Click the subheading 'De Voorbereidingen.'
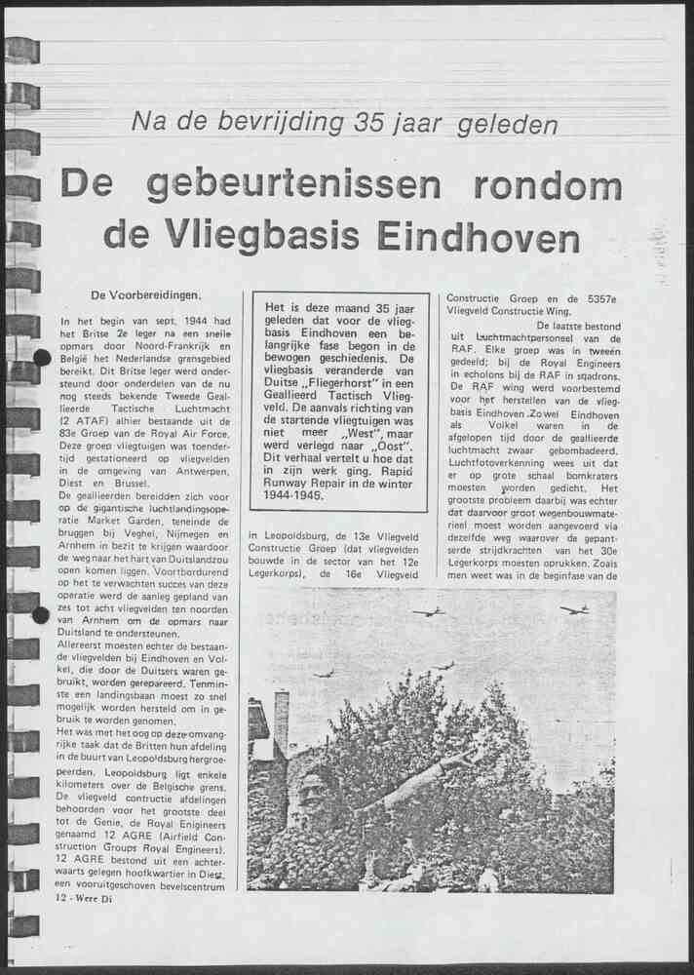click(146, 294)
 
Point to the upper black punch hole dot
click(41, 358)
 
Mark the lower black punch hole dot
click(41, 614)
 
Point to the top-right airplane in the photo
click(575, 609)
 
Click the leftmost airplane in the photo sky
click(324, 673)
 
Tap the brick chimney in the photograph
click(281, 721)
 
